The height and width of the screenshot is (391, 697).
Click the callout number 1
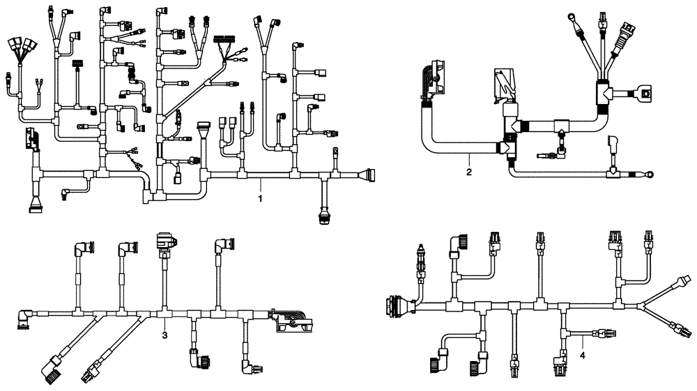coord(260,200)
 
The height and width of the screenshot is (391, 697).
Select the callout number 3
coord(164,337)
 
